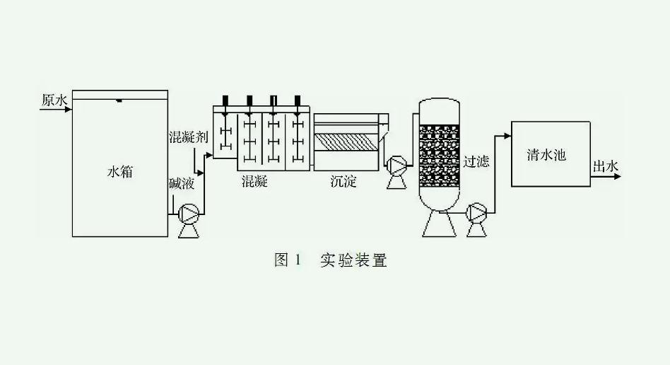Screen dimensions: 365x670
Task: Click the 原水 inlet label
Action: (x=53, y=100)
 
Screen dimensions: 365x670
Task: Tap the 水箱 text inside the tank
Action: (x=119, y=172)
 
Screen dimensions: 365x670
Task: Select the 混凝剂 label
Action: (x=188, y=137)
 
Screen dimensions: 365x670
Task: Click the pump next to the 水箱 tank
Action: (x=189, y=213)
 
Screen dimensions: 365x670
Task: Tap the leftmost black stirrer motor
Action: (x=225, y=100)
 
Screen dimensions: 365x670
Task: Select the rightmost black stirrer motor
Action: (x=298, y=100)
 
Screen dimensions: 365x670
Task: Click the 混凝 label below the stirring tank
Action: (x=254, y=182)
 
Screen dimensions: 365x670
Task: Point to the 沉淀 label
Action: (x=343, y=182)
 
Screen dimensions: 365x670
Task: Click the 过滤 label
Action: (x=476, y=161)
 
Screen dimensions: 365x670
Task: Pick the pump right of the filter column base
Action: (x=478, y=211)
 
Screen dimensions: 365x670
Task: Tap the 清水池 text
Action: (x=546, y=154)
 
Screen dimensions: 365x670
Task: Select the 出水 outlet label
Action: (x=606, y=167)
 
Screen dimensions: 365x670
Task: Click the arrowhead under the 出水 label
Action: (x=618, y=175)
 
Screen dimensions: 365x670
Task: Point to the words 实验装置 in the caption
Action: (x=353, y=260)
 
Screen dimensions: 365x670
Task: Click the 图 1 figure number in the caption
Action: (x=288, y=260)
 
